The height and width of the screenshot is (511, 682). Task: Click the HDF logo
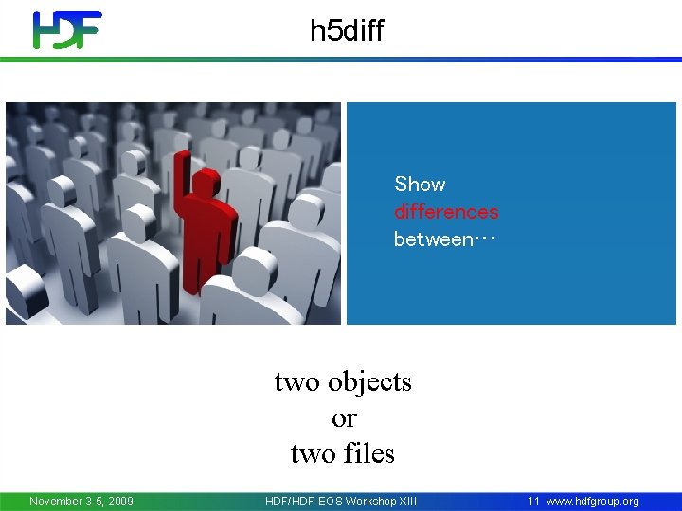tap(66, 30)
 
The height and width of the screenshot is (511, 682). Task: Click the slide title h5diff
tap(347, 31)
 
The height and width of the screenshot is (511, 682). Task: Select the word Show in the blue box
tap(420, 185)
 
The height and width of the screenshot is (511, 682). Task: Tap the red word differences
tap(446, 212)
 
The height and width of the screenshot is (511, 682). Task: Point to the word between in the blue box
tap(432, 239)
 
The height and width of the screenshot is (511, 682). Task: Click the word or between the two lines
tap(344, 418)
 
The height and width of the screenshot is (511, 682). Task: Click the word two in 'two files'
tap(313, 454)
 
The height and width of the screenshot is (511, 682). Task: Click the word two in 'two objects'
tap(296, 382)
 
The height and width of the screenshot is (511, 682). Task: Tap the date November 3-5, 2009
tap(81, 502)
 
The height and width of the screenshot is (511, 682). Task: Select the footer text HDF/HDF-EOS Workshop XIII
tap(341, 502)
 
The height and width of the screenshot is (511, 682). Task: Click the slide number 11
tap(533, 502)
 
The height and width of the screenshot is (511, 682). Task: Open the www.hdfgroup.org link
tap(593, 502)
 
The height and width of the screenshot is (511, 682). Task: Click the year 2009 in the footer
tap(118, 502)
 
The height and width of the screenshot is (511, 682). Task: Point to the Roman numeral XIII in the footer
tap(405, 502)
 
